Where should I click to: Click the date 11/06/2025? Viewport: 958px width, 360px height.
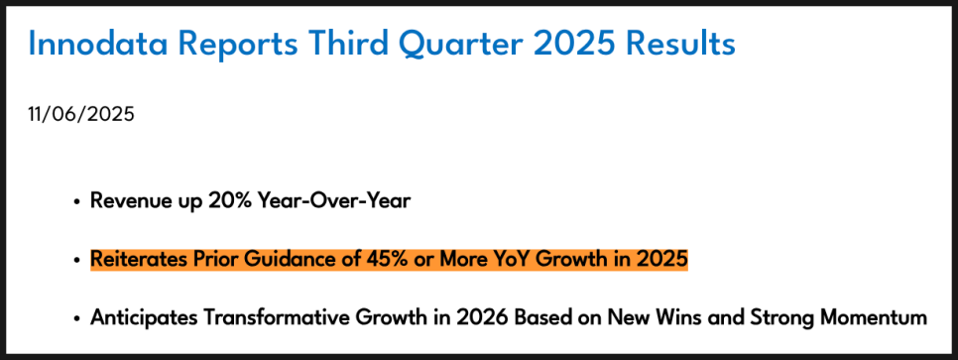(81, 114)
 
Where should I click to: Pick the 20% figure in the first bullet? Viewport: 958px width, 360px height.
(222, 200)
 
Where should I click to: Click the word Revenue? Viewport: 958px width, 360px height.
(125, 200)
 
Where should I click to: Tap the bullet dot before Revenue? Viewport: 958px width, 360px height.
(76, 201)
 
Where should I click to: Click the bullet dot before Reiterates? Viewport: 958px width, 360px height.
(76, 261)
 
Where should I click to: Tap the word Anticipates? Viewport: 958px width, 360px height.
(143, 317)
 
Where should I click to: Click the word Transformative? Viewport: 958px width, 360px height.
(271, 317)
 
